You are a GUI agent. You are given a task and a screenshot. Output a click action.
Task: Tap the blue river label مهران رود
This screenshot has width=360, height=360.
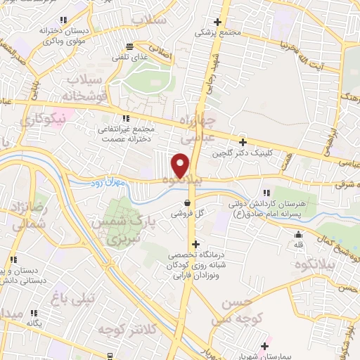[108, 183]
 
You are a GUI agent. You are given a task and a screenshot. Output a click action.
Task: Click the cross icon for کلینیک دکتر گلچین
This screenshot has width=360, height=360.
[243, 143]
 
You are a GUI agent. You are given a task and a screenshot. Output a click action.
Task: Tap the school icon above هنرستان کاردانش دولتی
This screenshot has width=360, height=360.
[266, 193]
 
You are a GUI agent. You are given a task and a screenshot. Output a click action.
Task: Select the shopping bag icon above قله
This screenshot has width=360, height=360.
[299, 235]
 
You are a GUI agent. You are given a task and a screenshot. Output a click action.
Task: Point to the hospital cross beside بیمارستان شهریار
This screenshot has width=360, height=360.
[264, 345]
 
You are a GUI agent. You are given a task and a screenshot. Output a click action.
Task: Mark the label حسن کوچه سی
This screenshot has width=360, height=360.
[237, 309]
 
